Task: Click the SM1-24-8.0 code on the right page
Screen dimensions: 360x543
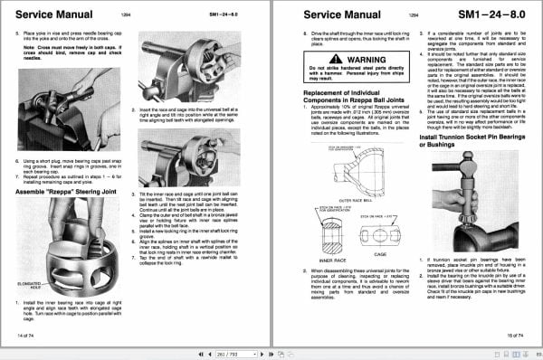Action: click(491, 15)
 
